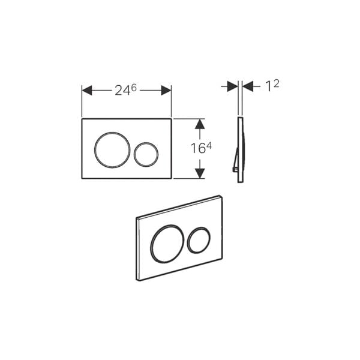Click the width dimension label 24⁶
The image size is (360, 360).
tap(125, 90)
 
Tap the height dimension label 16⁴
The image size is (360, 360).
tap(201, 148)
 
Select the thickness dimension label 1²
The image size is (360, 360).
tap(272, 86)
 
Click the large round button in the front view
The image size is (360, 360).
tap(94, 150)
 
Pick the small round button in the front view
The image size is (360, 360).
tap(134, 154)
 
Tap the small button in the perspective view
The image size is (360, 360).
tap(187, 240)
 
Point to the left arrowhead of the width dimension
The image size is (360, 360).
tap(87, 90)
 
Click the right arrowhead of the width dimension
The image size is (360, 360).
tap(166, 90)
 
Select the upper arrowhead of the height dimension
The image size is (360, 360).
tap(200, 124)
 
